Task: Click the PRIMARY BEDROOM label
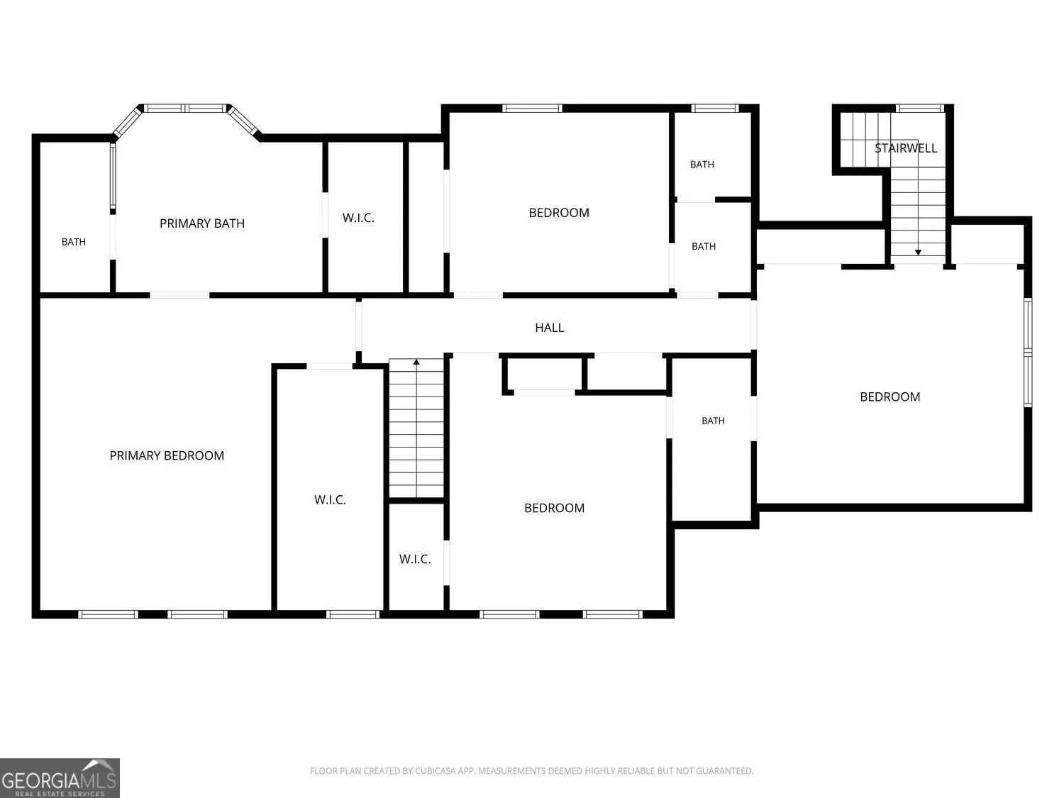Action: click(167, 455)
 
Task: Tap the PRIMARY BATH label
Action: click(202, 223)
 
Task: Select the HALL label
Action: click(549, 328)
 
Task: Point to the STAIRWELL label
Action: click(906, 148)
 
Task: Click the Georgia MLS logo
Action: click(60, 777)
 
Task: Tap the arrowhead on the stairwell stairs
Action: click(918, 253)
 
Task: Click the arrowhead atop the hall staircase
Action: click(416, 362)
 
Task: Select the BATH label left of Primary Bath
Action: click(74, 242)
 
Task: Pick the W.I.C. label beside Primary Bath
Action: click(358, 218)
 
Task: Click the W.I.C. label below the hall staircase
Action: click(415, 559)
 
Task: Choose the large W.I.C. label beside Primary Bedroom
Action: click(330, 499)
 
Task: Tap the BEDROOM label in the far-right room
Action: click(890, 397)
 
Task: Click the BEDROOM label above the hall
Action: click(559, 213)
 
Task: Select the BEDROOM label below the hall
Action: click(554, 508)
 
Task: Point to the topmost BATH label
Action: click(702, 165)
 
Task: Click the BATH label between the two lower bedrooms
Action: click(713, 421)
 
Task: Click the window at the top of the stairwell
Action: click(919, 108)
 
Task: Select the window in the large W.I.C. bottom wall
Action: click(353, 614)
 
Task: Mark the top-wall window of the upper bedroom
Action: click(532, 108)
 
